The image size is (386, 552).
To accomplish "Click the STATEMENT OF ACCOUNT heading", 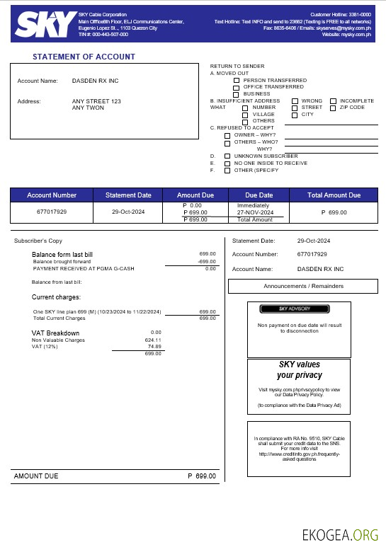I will tap(84, 57).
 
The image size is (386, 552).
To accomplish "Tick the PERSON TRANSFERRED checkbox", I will tap(237, 81).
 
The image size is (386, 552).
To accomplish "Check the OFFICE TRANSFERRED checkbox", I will tap(237, 87).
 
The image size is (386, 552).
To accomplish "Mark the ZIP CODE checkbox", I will tap(333, 108).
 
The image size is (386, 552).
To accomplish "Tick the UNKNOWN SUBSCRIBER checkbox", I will tap(227, 156).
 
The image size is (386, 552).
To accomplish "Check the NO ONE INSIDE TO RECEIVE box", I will tap(227, 163).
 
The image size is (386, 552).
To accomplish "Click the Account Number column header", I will tap(52, 195).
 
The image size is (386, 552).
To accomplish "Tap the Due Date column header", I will tap(259, 195).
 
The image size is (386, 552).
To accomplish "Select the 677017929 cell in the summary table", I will tap(52, 212).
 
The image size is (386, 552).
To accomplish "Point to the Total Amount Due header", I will tap(334, 195).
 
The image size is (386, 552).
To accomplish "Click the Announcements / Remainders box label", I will tap(303, 286).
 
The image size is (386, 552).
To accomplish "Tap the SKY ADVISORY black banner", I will tap(294, 309).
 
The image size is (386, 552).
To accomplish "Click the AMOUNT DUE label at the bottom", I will tap(36, 476).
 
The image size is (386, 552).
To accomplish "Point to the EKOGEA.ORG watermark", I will tap(340, 536).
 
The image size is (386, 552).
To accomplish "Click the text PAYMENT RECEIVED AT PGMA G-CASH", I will tap(84, 268).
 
